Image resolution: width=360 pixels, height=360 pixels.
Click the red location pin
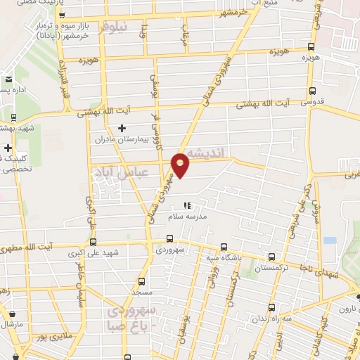[181, 165]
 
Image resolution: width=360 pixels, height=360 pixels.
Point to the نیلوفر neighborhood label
[115, 28]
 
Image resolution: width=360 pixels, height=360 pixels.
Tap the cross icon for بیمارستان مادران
[122, 128]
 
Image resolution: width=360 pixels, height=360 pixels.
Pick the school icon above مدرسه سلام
[186, 206]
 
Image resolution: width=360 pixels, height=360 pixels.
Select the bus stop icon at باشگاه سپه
[224, 247]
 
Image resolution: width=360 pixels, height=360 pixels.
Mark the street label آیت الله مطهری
[46, 247]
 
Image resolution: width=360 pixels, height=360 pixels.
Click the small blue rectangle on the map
[330, 240]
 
